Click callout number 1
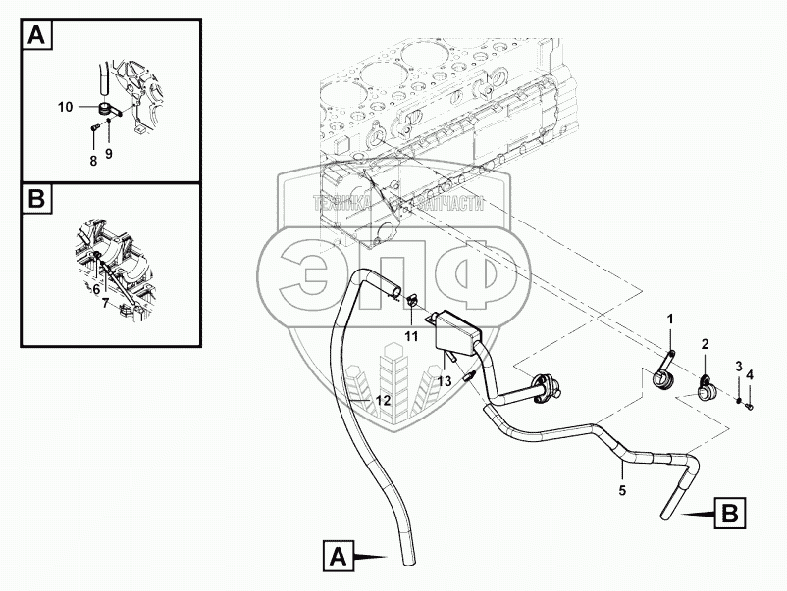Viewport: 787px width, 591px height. click(671, 319)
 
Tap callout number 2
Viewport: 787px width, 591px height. click(705, 343)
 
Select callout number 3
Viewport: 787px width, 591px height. click(739, 366)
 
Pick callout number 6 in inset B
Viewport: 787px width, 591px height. click(95, 289)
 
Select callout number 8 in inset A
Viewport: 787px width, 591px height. click(93, 160)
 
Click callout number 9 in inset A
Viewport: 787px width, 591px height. click(109, 154)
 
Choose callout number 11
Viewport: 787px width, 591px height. click(412, 336)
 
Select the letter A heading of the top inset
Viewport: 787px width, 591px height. click(36, 37)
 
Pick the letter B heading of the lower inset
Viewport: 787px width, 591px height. click(36, 201)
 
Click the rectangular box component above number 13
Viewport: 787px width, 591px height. click(452, 329)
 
